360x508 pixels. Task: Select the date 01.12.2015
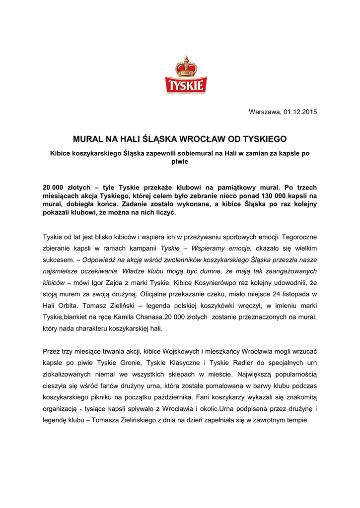tap(300, 111)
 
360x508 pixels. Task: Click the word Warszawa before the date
tap(264, 111)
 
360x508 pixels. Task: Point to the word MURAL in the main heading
tap(88, 139)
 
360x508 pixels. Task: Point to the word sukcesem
tap(58, 259)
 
